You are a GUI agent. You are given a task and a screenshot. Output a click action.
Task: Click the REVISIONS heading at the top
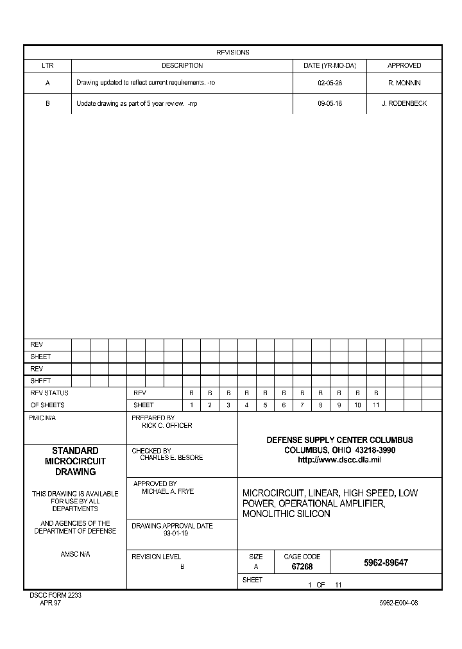232,53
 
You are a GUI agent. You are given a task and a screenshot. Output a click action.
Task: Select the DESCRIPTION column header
182,65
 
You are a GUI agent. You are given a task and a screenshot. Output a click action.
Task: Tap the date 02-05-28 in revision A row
330,83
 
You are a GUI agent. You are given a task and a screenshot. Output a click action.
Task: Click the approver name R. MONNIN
404,83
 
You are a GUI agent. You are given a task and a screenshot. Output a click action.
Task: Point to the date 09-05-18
330,103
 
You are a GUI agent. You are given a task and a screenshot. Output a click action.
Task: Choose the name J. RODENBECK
404,103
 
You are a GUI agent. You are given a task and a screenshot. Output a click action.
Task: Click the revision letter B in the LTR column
47,103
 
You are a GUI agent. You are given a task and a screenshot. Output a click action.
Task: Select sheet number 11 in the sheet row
376,405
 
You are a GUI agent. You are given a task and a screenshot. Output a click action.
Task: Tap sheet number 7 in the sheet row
302,405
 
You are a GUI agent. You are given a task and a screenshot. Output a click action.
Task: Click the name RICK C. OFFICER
167,425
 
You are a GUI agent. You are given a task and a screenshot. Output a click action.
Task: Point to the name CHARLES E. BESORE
171,458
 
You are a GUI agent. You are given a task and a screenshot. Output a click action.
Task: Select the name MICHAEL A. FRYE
167,491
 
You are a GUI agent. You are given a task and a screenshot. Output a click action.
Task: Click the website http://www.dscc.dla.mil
339,460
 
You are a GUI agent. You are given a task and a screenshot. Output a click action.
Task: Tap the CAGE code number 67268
302,567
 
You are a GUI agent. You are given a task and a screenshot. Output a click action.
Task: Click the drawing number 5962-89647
386,563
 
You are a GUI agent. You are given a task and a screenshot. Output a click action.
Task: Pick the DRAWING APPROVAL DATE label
172,526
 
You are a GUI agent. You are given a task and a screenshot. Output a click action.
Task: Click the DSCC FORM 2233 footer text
55,595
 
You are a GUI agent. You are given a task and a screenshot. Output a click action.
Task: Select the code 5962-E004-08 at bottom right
398,603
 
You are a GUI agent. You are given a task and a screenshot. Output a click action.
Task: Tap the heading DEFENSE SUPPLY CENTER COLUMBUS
339,440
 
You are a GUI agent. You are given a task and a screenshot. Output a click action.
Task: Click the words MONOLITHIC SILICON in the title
286,514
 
